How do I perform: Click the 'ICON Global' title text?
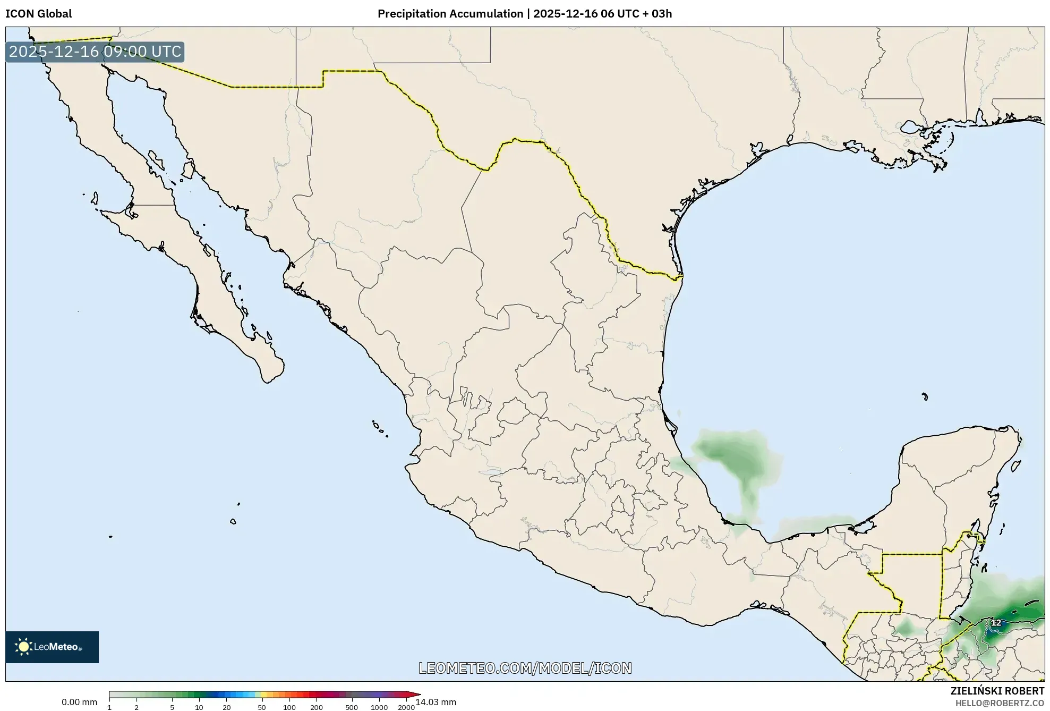pos(38,14)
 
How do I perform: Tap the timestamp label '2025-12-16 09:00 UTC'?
pos(95,52)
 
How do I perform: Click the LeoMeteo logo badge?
pos(52,647)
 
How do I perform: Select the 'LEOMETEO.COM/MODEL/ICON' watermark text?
pos(525,668)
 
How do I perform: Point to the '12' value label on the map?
pos(996,623)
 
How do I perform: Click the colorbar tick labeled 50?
pos(261,707)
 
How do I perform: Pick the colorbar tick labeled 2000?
pos(406,707)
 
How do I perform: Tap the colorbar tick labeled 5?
pos(172,707)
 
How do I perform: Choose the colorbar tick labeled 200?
pos(317,707)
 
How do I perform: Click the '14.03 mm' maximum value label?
pos(436,702)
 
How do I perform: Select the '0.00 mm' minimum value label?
pos(79,702)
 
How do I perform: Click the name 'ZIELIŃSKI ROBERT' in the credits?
pos(997,691)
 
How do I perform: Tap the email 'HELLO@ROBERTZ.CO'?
pos(1000,703)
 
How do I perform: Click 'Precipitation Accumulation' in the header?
pos(450,14)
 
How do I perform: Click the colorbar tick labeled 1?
pos(109,707)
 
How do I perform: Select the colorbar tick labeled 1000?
pos(379,707)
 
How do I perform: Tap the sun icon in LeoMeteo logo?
pos(23,647)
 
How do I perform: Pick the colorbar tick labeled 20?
pos(227,707)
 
